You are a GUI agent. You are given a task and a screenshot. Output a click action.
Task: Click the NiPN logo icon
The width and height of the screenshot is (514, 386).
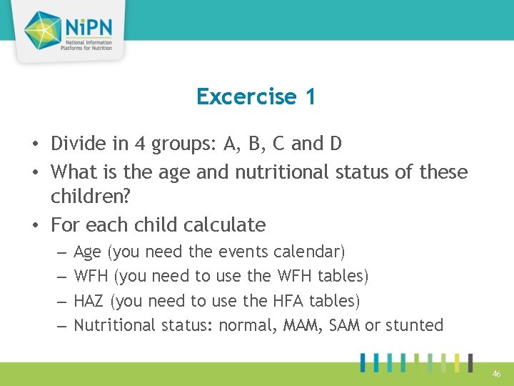click(x=44, y=30)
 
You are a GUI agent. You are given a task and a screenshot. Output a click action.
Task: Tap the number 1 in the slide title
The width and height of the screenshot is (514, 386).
click(x=309, y=96)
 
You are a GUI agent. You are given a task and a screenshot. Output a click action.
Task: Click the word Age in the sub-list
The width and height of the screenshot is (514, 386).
click(x=88, y=252)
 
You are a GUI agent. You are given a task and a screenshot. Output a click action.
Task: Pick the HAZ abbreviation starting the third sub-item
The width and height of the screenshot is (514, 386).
click(x=90, y=301)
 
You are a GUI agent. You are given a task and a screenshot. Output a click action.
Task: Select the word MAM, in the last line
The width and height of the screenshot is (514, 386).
click(x=302, y=325)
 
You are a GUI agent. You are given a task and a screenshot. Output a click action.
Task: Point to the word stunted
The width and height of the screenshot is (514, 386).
click(x=414, y=325)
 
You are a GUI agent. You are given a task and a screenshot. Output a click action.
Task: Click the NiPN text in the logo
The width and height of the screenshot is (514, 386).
click(x=92, y=27)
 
